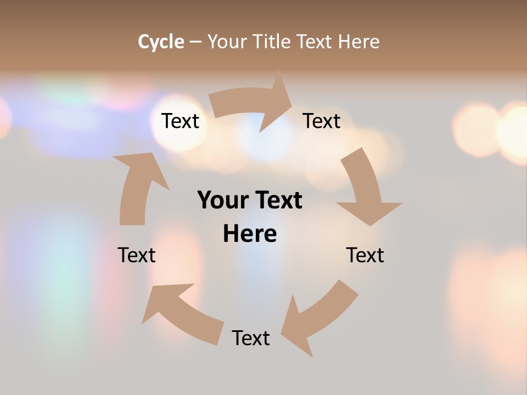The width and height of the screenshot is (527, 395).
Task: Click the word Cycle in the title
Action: coord(161,42)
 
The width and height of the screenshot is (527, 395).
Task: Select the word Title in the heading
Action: coord(271,42)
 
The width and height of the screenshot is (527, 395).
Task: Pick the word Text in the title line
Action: coord(315,42)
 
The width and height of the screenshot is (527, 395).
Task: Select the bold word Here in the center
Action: coord(250,234)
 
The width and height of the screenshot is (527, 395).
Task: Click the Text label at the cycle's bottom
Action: coord(251,338)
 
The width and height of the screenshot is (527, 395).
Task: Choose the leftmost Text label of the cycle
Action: coord(137,255)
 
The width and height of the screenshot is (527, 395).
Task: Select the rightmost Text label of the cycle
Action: coord(365,255)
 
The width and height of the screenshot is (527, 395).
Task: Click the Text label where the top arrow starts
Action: coord(180,121)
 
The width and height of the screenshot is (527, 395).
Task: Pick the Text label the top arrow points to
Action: coord(322,121)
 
